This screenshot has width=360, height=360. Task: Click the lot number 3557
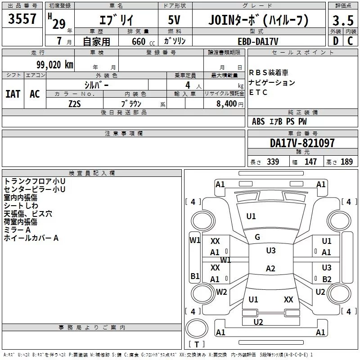[22, 18]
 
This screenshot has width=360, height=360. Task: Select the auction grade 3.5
[343, 20]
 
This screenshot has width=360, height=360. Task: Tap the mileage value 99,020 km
[55, 65]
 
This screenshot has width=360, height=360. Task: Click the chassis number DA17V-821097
[302, 143]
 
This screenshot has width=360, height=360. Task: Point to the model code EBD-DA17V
[258, 41]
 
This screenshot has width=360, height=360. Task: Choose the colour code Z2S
[75, 104]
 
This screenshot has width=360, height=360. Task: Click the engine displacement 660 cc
[143, 41]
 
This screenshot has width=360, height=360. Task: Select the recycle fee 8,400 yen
[230, 104]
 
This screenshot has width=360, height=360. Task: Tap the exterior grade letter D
[336, 41]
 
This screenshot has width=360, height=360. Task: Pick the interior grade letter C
[350, 41]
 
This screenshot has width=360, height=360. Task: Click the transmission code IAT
[13, 94]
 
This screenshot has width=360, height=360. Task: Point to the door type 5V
[174, 20]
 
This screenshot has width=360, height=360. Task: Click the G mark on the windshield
[257, 237]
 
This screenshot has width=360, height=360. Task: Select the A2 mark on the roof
[270, 268]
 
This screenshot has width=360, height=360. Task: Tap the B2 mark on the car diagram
[327, 279]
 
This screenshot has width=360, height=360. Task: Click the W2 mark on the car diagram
[221, 292]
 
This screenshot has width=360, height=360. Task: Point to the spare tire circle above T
[197, 328]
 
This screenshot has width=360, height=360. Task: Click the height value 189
[346, 162]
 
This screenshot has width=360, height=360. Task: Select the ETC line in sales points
[258, 92]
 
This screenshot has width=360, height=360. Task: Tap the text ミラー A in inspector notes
[17, 230]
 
